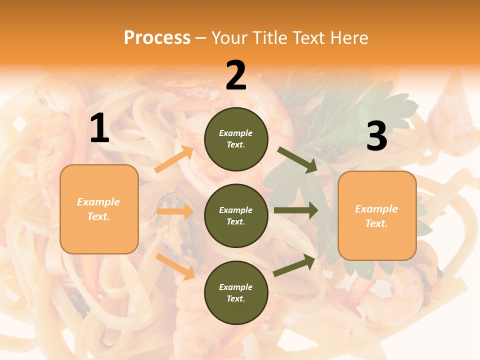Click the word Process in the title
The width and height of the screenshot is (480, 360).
(x=157, y=37)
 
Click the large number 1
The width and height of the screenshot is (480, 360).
(x=99, y=128)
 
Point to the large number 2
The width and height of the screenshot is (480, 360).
(x=236, y=75)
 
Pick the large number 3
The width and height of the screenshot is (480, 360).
(x=376, y=136)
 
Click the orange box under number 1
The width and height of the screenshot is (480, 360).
(x=99, y=209)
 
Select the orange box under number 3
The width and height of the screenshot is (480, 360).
(x=377, y=215)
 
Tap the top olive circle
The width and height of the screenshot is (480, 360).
(x=236, y=139)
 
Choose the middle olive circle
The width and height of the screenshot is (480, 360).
(x=236, y=215)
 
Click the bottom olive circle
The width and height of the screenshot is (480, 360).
(x=236, y=292)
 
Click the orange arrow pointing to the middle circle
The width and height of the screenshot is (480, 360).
(x=175, y=211)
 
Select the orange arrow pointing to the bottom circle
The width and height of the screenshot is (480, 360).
(x=175, y=266)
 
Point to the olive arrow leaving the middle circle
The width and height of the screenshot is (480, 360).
(x=296, y=210)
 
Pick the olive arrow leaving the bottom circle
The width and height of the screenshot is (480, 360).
(x=294, y=265)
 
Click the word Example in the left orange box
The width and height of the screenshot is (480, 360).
(x=98, y=202)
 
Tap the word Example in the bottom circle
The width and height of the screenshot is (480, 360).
(x=236, y=287)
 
